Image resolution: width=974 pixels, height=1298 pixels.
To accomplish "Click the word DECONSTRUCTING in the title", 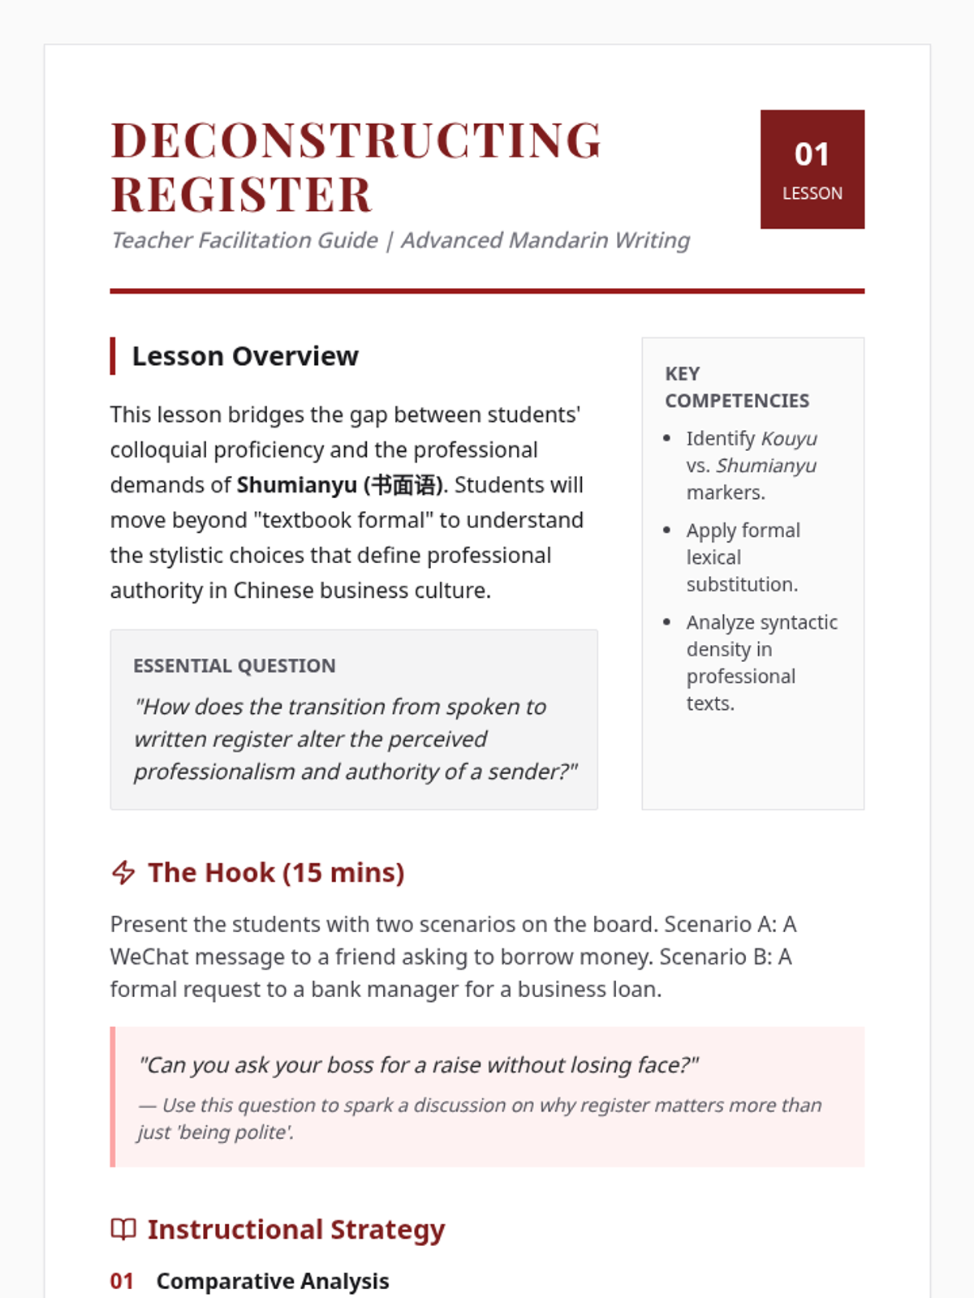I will pos(356,140).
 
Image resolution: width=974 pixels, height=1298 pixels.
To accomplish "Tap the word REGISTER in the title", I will pos(241,195).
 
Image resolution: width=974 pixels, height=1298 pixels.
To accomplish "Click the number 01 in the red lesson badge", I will pos(812,154).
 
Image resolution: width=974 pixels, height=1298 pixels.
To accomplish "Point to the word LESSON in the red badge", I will pos(812,193).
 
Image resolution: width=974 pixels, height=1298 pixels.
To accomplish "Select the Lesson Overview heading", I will pos(245,356).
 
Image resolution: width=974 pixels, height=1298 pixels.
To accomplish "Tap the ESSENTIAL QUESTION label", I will pos(234,666).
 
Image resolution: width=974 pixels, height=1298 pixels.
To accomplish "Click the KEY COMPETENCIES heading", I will pos(736,387).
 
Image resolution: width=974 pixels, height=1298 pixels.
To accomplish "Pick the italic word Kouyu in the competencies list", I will pos(789,439).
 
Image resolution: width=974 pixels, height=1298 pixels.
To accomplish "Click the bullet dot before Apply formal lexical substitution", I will pos(667,531).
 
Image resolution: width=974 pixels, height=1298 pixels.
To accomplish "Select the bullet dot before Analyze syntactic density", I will pos(667,622).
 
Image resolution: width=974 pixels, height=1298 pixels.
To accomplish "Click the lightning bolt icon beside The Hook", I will pos(123,873).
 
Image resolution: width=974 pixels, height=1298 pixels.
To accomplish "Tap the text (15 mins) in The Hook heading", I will pos(343,873).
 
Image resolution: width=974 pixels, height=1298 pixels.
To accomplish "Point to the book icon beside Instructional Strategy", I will pos(123,1229).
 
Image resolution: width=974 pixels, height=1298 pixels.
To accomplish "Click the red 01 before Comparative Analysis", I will pos(122,1281).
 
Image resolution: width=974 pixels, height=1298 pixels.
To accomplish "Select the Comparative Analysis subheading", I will pos(273,1281).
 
